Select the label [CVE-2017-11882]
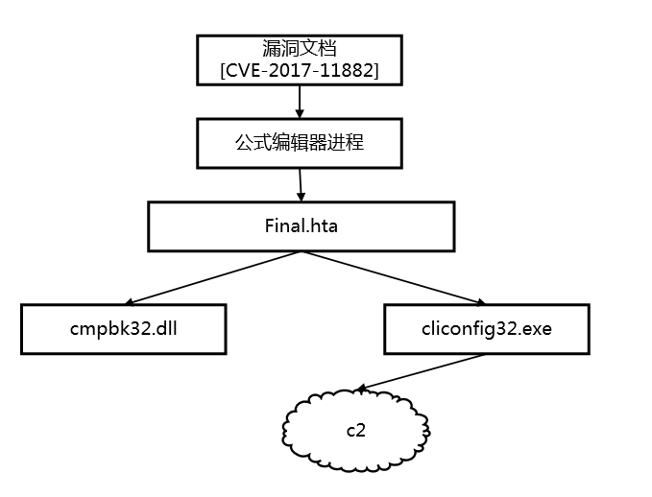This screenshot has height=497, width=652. (x=300, y=72)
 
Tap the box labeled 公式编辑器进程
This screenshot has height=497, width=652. (x=300, y=143)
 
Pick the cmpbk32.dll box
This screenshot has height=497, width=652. (x=123, y=329)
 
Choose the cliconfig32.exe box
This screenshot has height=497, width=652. (x=486, y=329)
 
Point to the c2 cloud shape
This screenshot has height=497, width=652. (x=355, y=428)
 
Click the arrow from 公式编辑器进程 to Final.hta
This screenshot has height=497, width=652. (x=302, y=184)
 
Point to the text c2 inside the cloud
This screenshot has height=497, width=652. (x=355, y=429)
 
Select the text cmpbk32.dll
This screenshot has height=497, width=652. (x=123, y=329)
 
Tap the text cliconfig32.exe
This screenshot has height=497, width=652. (x=486, y=329)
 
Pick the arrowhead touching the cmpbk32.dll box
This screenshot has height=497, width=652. (x=129, y=301)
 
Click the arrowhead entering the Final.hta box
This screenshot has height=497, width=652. (x=302, y=198)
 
